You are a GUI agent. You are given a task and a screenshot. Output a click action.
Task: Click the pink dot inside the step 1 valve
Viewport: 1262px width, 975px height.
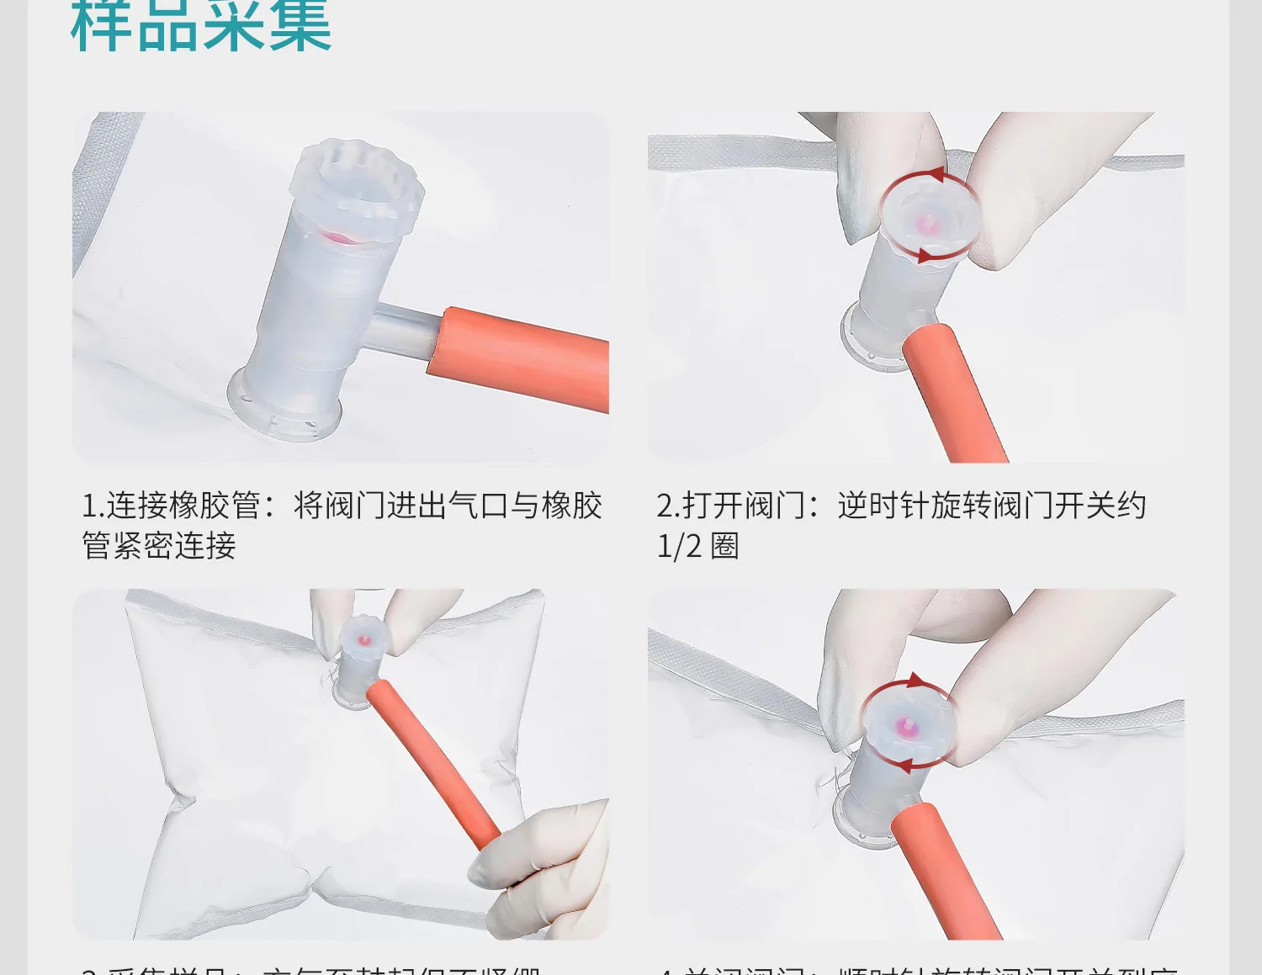[x=341, y=238]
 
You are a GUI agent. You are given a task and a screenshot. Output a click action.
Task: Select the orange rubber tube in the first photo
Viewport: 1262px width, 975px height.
[x=522, y=358]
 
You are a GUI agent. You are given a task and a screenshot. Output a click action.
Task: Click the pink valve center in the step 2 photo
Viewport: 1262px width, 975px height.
[x=929, y=224]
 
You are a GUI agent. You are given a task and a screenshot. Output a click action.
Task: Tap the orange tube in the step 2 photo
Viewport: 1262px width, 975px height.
[x=953, y=391]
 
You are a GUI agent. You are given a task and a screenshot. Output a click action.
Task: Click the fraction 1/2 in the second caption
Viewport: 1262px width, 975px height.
[x=678, y=547]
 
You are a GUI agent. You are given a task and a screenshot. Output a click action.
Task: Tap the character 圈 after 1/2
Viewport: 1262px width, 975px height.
[x=725, y=547]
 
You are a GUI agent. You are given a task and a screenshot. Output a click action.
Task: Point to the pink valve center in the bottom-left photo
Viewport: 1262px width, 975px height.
[x=363, y=640]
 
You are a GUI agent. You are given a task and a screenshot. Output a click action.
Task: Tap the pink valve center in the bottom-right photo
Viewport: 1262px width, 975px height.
[x=906, y=725]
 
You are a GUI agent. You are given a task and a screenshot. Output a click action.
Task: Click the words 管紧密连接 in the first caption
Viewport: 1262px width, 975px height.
[x=158, y=547]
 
